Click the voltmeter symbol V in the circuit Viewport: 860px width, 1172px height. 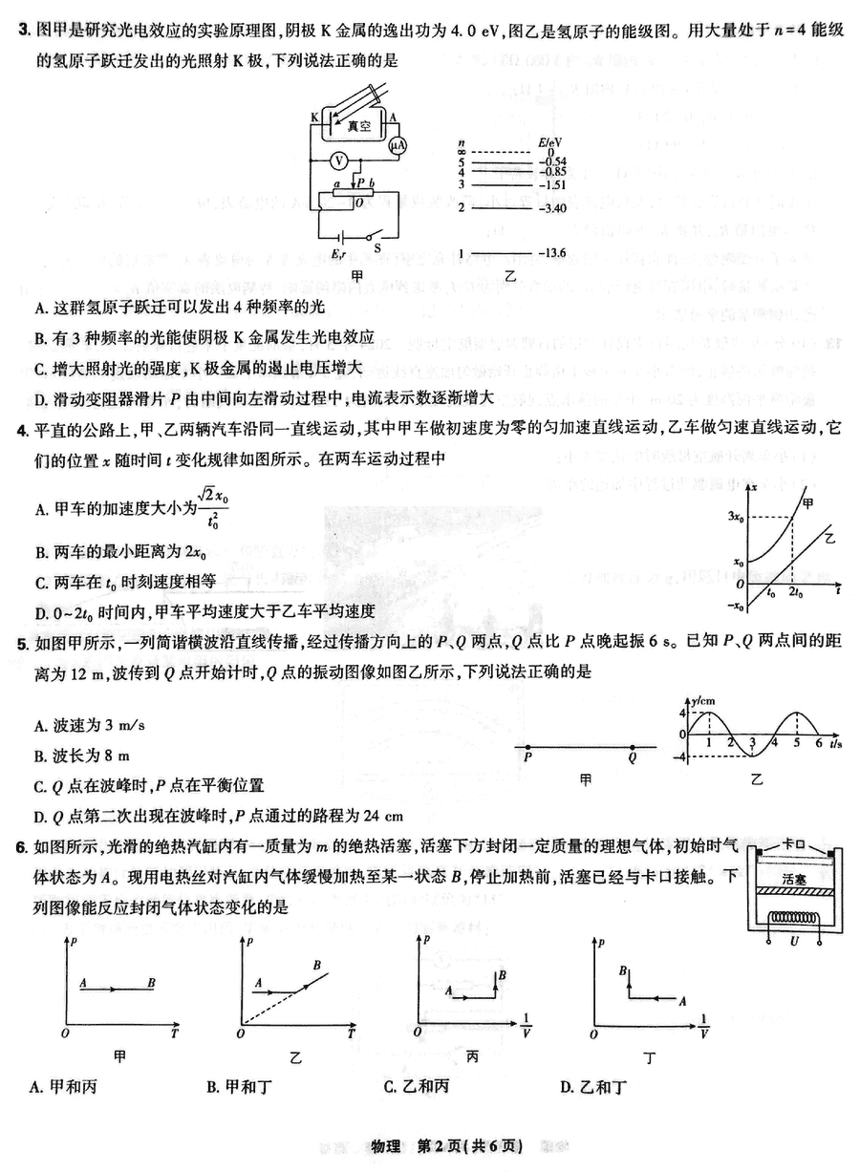click(x=338, y=160)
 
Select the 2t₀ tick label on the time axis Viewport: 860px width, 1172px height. click(x=795, y=593)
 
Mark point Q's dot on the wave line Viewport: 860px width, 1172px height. click(x=632, y=745)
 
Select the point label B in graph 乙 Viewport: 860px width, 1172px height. click(x=317, y=966)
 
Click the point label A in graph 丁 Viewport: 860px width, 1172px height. click(x=681, y=1000)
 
